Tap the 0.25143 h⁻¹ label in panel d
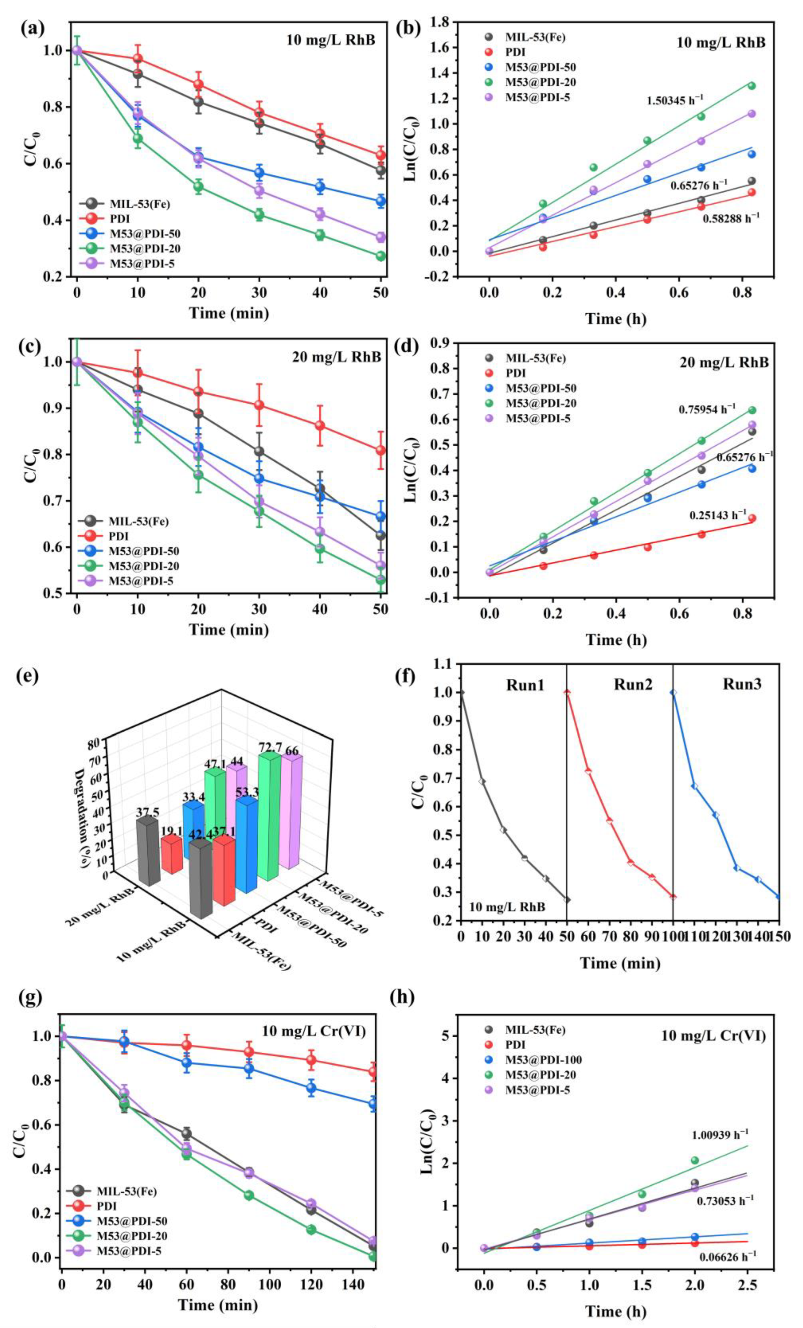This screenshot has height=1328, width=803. pos(718,515)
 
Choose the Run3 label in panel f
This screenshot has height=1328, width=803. pos(742,684)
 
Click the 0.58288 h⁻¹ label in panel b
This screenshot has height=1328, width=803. pos(731,219)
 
